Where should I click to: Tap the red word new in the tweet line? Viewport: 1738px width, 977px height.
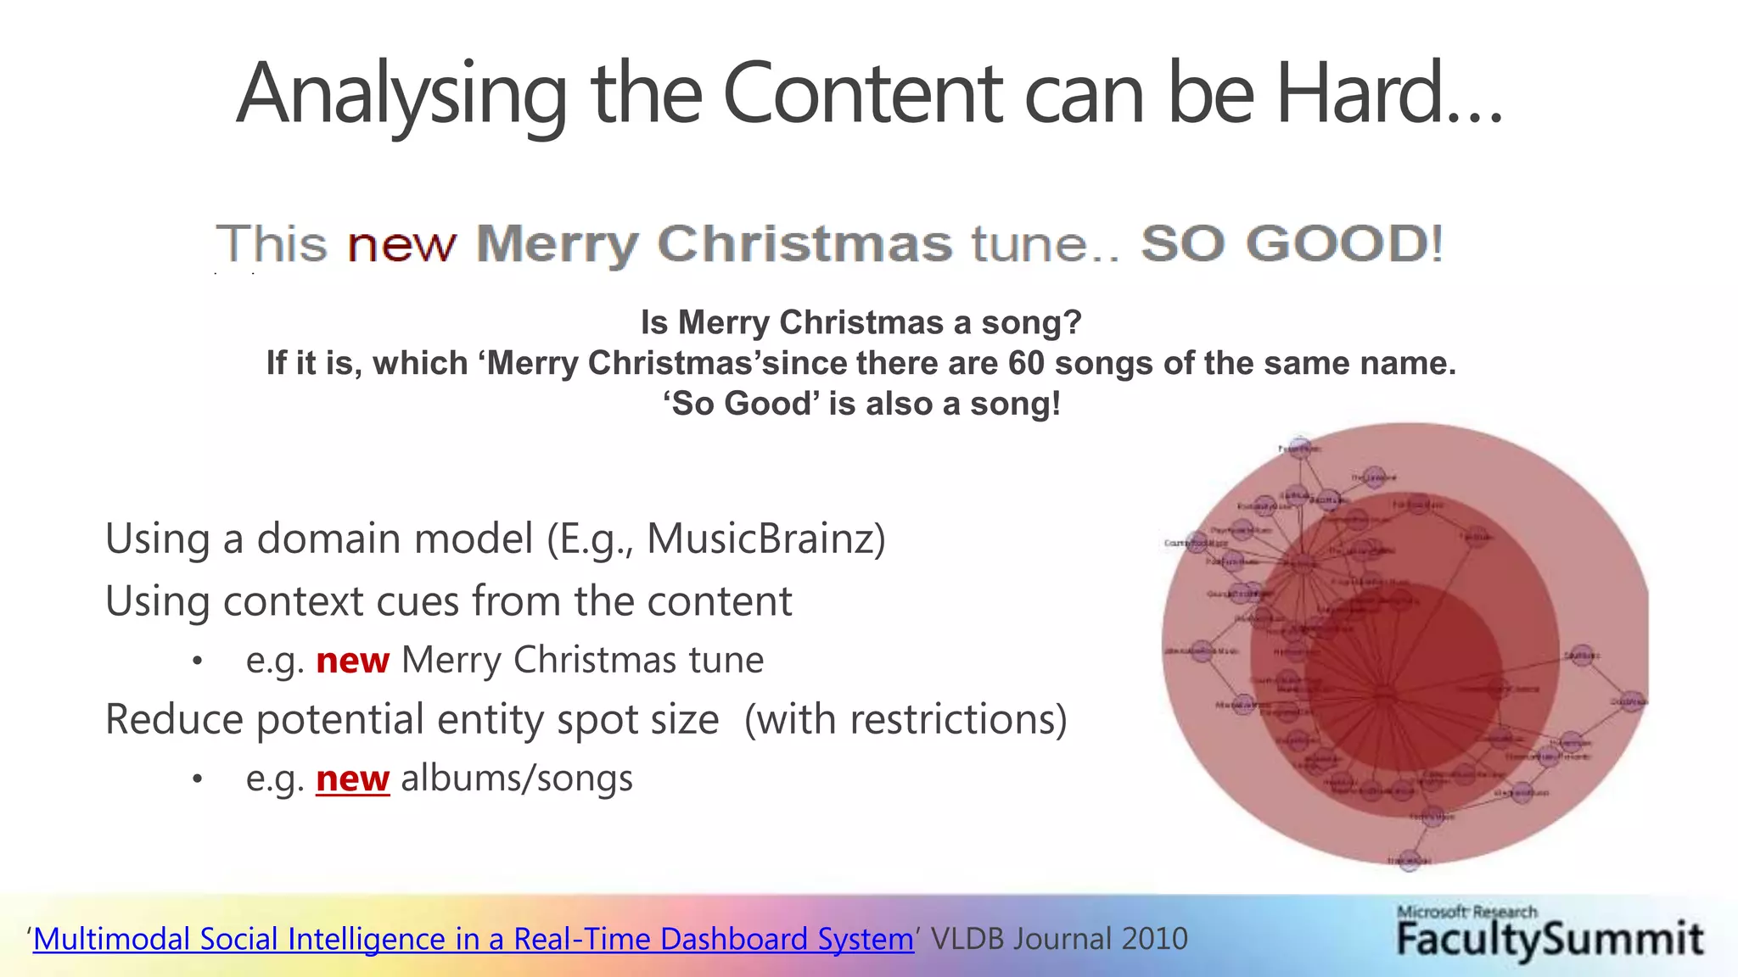click(401, 244)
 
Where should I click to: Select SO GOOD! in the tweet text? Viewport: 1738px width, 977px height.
click(1291, 244)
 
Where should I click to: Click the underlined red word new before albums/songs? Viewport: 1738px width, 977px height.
click(352, 779)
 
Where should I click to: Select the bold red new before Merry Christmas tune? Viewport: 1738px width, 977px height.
click(352, 661)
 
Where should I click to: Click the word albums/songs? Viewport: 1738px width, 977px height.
click(517, 779)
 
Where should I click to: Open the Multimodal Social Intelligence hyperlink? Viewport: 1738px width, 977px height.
click(473, 939)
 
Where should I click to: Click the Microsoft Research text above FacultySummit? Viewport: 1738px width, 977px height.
click(1466, 912)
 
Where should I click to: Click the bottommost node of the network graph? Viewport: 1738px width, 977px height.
click(1409, 860)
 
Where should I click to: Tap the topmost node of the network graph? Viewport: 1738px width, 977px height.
click(1298, 448)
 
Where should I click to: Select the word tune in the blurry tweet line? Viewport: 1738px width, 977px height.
click(1029, 244)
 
